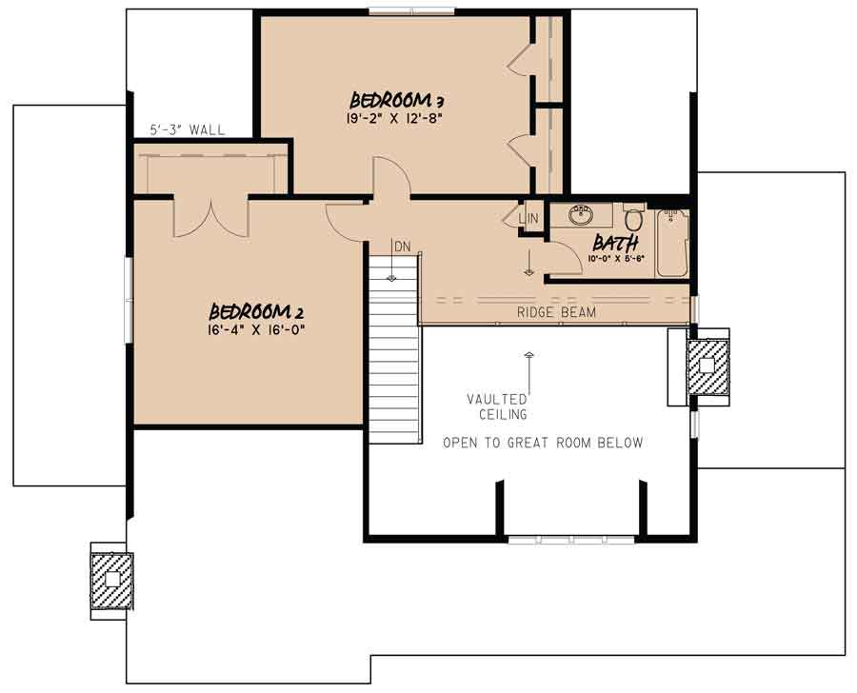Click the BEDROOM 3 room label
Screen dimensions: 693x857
[398, 100]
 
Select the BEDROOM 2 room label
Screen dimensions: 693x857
[256, 312]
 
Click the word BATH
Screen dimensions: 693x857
[616, 243]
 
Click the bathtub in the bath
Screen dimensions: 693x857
[672, 243]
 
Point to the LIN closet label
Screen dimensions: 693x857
[529, 219]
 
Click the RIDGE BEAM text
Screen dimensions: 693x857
[557, 311]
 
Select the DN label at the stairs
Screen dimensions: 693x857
[402, 247]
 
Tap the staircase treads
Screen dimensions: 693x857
[394, 362]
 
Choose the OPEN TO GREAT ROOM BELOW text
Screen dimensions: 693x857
[543, 443]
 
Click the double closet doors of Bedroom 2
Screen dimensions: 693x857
[210, 216]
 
